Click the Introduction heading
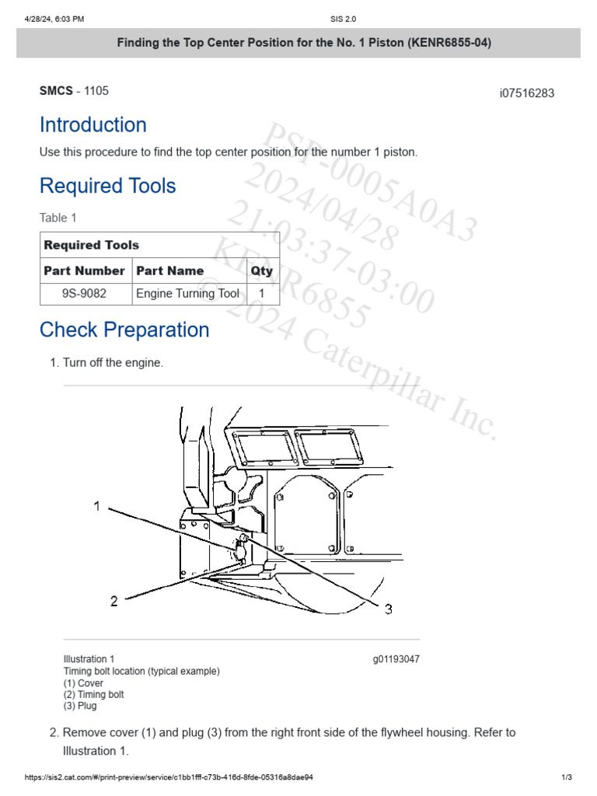(93, 125)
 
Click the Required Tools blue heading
(107, 186)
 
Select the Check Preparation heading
(124, 330)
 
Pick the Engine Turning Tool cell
(187, 294)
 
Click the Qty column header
(261, 271)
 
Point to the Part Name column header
(169, 271)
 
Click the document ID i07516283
(526, 93)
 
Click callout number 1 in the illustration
(97, 506)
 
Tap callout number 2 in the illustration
(113, 601)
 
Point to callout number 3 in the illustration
(388, 610)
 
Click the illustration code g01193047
(396, 659)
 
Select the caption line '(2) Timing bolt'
(93, 694)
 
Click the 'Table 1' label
(58, 218)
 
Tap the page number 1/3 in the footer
(566, 777)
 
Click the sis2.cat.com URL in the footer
(169, 777)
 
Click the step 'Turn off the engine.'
(113, 362)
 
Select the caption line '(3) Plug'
(80, 706)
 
